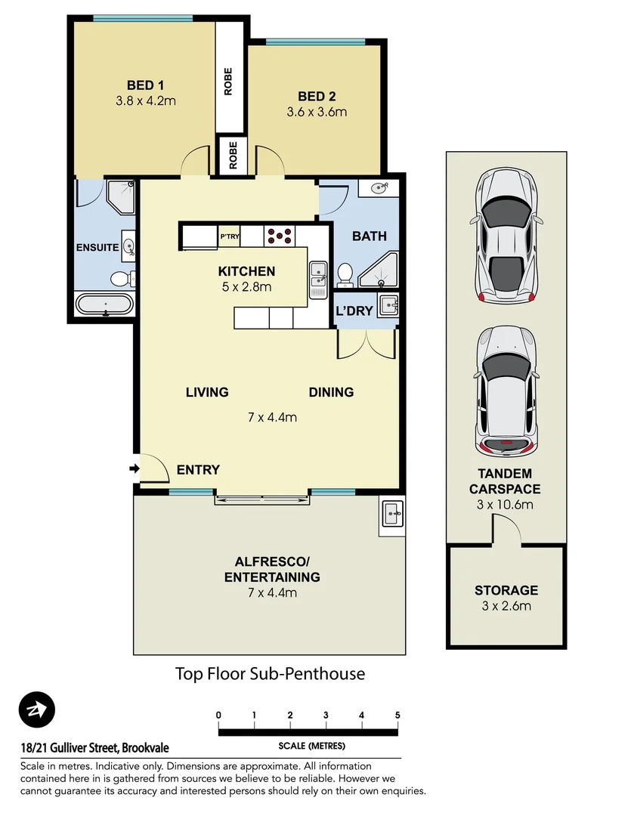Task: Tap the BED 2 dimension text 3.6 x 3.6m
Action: point(316,113)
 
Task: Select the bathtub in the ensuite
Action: point(105,305)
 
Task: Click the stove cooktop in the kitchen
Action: point(281,236)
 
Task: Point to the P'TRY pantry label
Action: point(229,236)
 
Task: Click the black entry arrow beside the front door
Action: point(135,469)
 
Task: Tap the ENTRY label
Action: point(198,470)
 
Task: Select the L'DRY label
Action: point(354,311)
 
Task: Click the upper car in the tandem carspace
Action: point(506,236)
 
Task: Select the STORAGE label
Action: point(506,590)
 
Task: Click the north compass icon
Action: point(37,710)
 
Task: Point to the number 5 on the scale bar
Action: point(397,715)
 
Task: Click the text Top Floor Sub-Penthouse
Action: point(270,673)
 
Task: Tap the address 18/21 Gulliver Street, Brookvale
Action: point(95,748)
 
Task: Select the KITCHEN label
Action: point(246,271)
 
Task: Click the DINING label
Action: point(331,392)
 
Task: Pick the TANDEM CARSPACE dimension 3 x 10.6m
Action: point(506,504)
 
